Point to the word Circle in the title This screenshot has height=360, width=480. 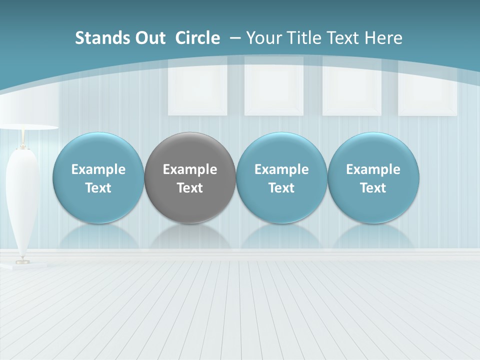tap(197, 38)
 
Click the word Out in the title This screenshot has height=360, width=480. tap(148, 38)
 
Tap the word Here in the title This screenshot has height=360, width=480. tap(383, 38)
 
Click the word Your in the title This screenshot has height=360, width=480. tap(264, 38)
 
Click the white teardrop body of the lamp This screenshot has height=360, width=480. tap(22, 195)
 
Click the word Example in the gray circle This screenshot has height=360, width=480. tap(190, 169)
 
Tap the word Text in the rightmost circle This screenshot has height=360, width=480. tap(373, 188)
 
